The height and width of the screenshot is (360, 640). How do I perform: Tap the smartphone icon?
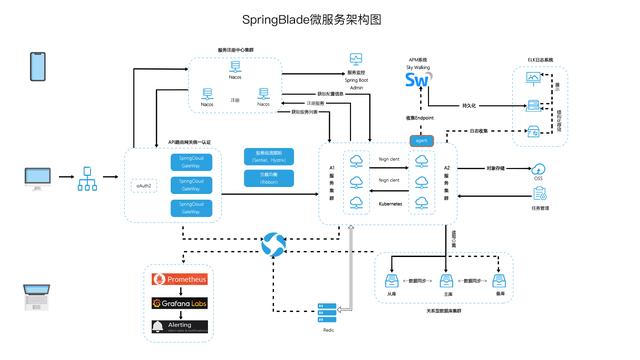[39, 66]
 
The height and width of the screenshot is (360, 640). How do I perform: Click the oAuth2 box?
[142, 185]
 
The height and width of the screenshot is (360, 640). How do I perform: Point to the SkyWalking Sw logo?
[418, 80]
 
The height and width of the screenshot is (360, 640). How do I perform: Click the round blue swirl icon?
[273, 243]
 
